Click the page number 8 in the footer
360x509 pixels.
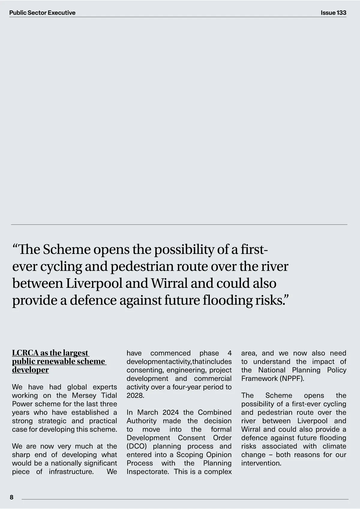click(x=12, y=497)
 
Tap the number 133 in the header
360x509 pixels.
click(x=341, y=13)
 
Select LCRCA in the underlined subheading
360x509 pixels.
click(x=25, y=353)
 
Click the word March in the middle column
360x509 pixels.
click(x=148, y=412)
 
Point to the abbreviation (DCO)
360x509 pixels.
click(x=136, y=446)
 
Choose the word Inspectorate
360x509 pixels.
click(x=148, y=471)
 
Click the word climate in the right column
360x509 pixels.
click(x=334, y=446)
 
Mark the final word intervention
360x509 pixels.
click(x=261, y=463)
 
